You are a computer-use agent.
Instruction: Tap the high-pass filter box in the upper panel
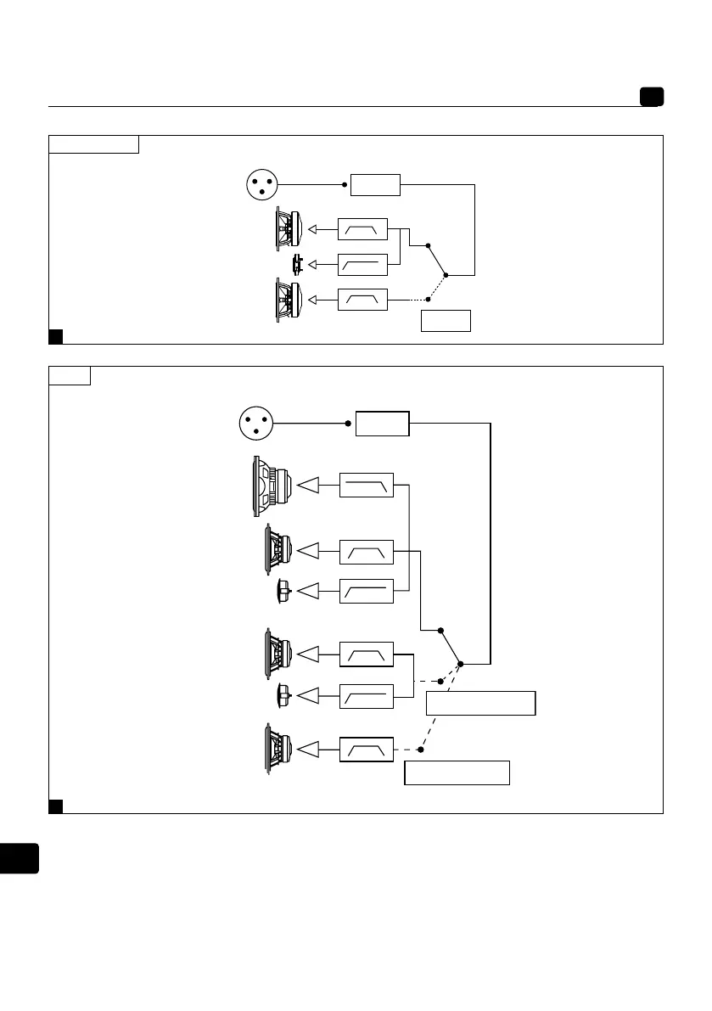tap(362, 265)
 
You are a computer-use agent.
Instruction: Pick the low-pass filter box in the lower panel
tap(366, 485)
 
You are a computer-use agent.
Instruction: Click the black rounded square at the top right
tap(652, 97)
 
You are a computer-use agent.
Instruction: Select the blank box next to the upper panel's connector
tap(376, 184)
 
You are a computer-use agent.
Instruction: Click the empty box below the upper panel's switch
tap(446, 321)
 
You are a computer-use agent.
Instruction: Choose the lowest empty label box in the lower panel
tap(457, 772)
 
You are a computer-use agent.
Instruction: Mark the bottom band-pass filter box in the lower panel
tap(366, 750)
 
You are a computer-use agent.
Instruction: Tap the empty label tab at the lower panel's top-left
tap(70, 375)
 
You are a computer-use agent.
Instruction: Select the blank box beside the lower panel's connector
tap(382, 423)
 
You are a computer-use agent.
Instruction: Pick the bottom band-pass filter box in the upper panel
tap(362, 300)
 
